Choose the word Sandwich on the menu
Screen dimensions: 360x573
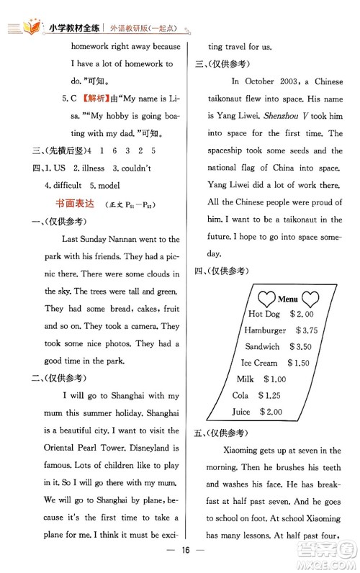point(262,346)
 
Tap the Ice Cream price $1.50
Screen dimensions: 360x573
point(303,363)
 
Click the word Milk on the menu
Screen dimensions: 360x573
point(245,379)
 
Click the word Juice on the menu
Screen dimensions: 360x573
point(241,412)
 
